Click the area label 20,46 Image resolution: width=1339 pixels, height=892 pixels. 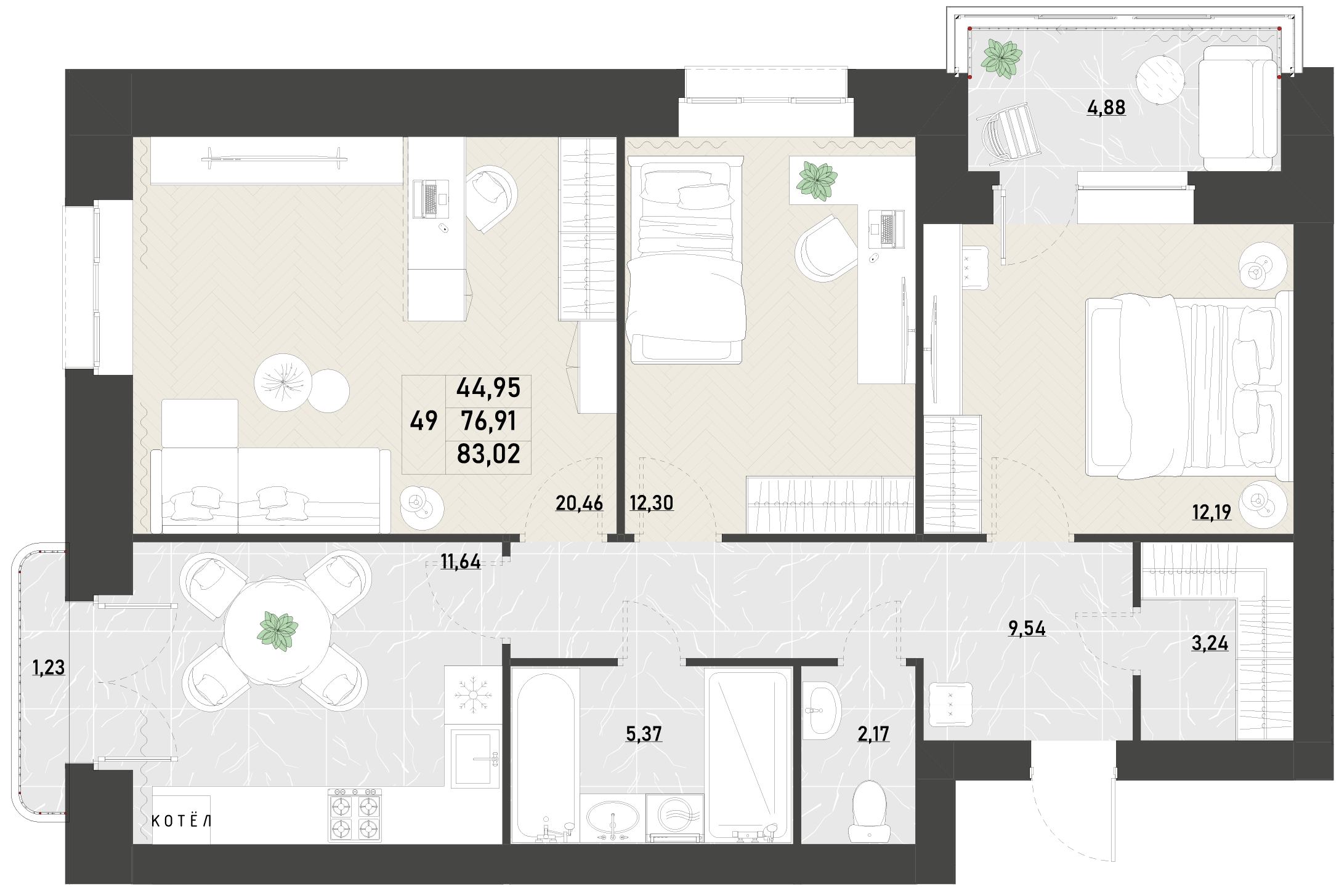coord(579,503)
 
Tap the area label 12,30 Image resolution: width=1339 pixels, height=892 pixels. coord(652,503)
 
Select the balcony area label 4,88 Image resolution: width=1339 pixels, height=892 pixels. coord(1106,108)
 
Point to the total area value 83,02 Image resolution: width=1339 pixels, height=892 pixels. coord(488,454)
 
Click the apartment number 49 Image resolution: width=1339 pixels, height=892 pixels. coord(424,421)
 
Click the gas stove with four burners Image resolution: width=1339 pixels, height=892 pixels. coord(355,815)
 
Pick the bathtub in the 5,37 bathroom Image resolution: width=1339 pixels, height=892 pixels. coord(546,755)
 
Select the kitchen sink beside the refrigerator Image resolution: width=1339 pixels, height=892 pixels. coord(475,758)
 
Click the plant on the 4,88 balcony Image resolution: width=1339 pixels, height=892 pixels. coord(1001,59)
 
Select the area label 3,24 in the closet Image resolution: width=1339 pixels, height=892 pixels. coord(1210,643)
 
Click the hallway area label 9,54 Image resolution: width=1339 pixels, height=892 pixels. coord(1027,629)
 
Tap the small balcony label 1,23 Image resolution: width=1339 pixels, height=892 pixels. coord(49,667)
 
